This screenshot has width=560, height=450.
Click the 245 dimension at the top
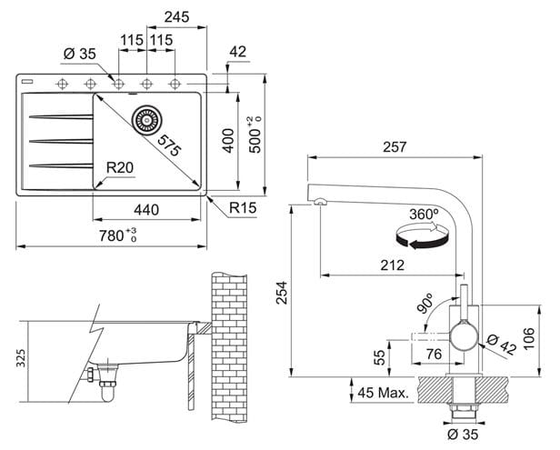176,16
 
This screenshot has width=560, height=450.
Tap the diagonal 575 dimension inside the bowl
169,145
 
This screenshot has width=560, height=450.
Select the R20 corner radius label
120,167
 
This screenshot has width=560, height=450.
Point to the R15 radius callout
243,207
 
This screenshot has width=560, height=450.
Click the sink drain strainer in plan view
146,120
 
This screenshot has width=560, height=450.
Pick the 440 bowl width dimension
146,210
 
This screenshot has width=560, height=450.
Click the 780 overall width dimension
118,235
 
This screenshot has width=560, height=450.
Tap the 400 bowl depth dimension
228,141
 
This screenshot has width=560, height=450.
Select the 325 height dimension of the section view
22,358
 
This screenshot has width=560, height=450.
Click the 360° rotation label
424,215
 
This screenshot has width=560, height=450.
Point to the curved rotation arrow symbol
422,235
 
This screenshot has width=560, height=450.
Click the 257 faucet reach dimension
395,146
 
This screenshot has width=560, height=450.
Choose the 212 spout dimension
393,265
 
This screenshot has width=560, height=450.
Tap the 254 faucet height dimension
282,293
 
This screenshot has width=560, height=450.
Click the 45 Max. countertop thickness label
383,393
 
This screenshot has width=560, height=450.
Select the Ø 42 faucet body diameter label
502,345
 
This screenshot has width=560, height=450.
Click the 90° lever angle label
425,304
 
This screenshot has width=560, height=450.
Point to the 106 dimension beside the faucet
529,338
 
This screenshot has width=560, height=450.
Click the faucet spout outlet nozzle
319,202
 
